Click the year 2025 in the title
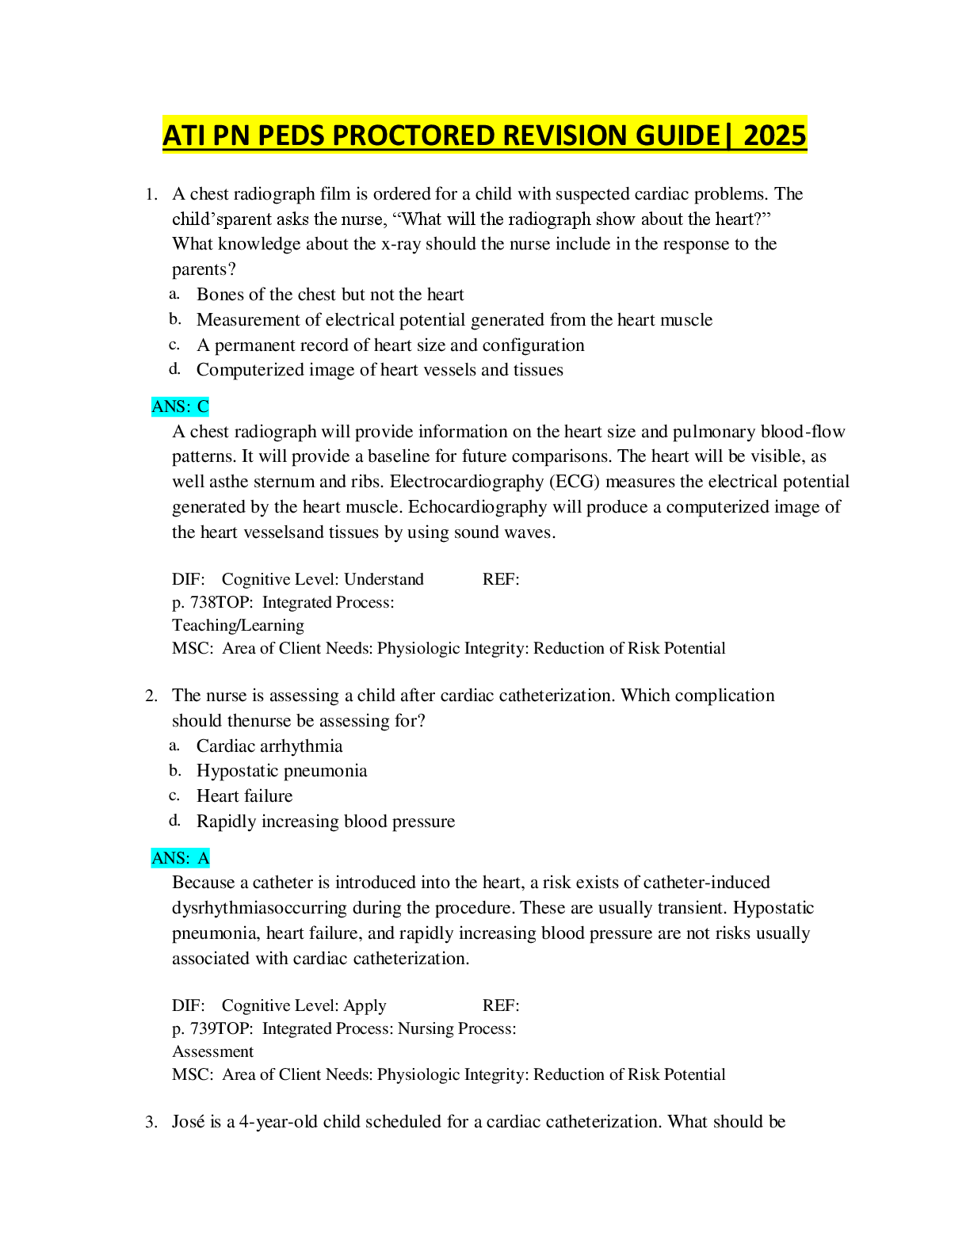coord(775,135)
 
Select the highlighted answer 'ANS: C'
coord(180,407)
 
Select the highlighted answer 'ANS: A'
coord(180,858)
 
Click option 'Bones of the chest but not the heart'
coord(330,295)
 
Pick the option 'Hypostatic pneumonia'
coord(281,771)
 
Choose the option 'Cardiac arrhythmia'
coord(269,746)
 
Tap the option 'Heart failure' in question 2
coord(244,796)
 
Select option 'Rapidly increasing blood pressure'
coord(325,822)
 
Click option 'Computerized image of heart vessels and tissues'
coord(380,370)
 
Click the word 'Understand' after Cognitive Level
coord(384,580)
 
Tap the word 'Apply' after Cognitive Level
coord(365,1006)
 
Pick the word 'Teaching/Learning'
coord(238,626)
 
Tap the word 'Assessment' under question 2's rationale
coord(212,1052)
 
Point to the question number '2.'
coord(151,696)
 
